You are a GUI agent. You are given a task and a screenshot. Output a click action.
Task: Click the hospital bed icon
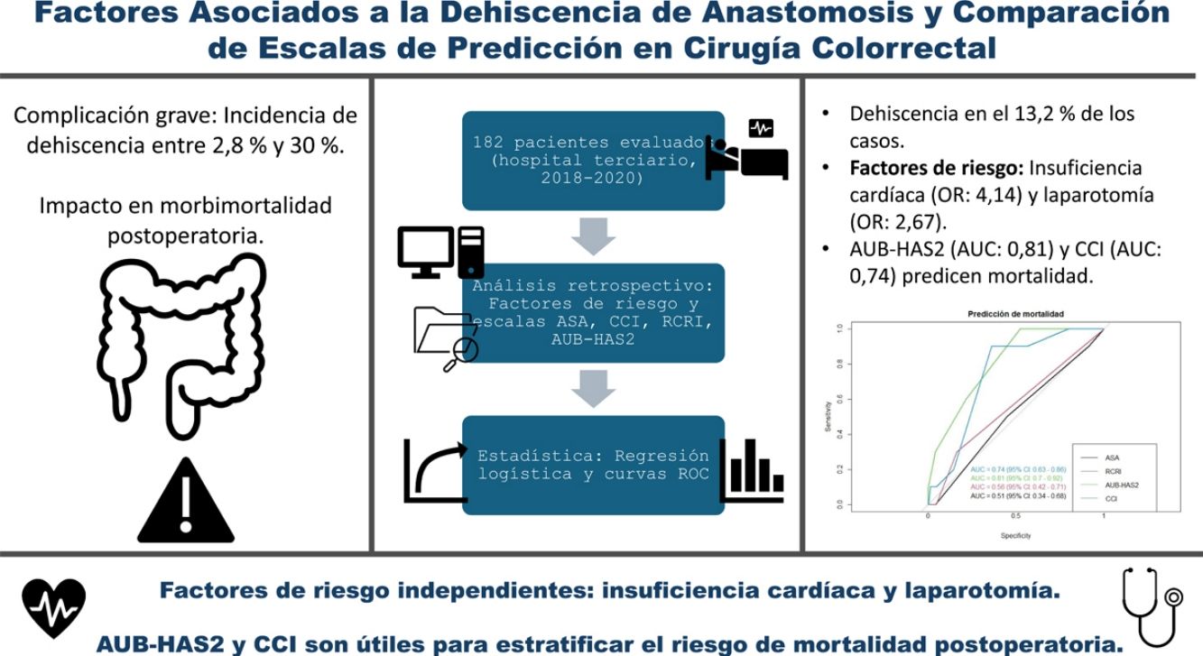point(747,150)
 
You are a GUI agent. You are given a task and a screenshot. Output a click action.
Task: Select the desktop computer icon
point(441,252)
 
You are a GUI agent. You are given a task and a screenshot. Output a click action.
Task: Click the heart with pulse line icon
point(54,607)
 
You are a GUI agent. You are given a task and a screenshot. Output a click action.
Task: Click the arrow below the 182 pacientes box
point(593,236)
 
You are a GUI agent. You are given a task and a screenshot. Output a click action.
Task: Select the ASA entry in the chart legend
point(1112,457)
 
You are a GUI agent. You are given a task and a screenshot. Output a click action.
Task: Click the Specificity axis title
point(1014,536)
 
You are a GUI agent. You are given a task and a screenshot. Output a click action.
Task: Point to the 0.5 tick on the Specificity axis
point(1015,516)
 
